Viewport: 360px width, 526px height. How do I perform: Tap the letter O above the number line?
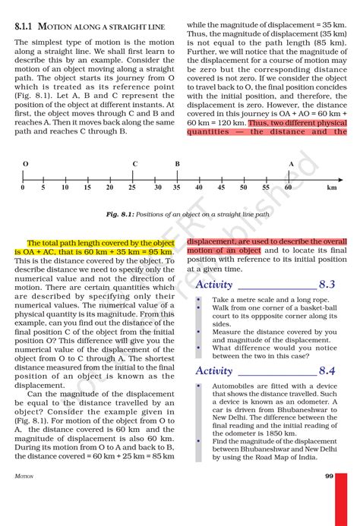click(x=26, y=164)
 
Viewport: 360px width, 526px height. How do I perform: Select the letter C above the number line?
click(x=135, y=164)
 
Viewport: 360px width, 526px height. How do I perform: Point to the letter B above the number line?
click(x=177, y=164)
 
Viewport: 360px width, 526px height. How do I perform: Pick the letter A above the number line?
click(x=291, y=164)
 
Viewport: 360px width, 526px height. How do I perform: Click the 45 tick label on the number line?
click(x=221, y=187)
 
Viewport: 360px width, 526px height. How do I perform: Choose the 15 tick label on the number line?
click(x=87, y=187)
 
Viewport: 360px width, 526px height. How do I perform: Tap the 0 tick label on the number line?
click(x=23, y=187)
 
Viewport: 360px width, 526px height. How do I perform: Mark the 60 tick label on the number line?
click(x=289, y=187)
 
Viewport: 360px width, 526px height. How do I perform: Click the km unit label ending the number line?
click(x=332, y=187)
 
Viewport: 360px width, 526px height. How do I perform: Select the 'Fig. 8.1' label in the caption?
click(x=119, y=215)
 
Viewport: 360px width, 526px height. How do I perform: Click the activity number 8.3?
click(x=327, y=285)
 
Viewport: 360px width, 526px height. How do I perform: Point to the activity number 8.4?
click(x=327, y=371)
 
